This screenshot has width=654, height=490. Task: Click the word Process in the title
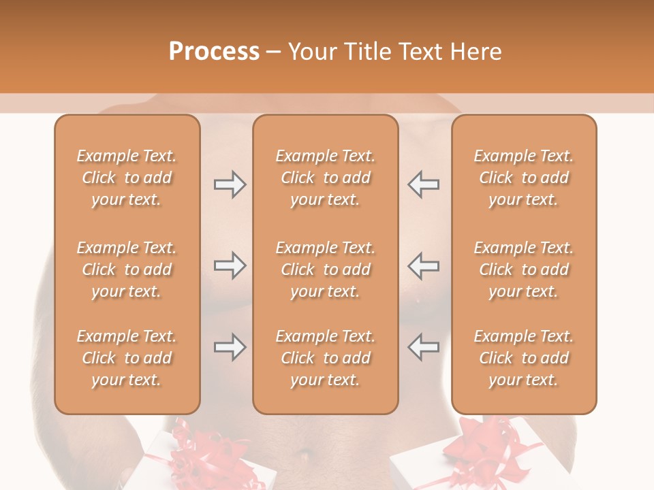(x=214, y=52)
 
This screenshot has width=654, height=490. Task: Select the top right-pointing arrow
(x=230, y=184)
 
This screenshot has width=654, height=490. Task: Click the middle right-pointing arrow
(x=230, y=266)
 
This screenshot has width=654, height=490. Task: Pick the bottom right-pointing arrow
(x=230, y=348)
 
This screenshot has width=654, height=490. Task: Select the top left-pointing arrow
(x=424, y=184)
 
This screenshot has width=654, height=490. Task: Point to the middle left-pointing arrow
(x=424, y=266)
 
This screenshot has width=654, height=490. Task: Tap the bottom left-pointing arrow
(x=424, y=348)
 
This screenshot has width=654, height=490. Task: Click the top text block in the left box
(x=127, y=178)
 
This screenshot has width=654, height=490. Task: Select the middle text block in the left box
(x=127, y=269)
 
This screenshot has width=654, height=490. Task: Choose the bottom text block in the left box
(x=127, y=358)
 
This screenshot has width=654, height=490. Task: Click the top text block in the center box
(x=326, y=178)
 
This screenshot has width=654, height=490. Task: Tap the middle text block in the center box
(x=326, y=269)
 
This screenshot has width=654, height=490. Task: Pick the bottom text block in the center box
(x=326, y=358)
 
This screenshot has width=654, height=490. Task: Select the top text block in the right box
(x=524, y=178)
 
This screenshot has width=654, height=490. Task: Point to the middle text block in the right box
(x=524, y=269)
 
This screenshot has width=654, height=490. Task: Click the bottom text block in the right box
(x=524, y=358)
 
